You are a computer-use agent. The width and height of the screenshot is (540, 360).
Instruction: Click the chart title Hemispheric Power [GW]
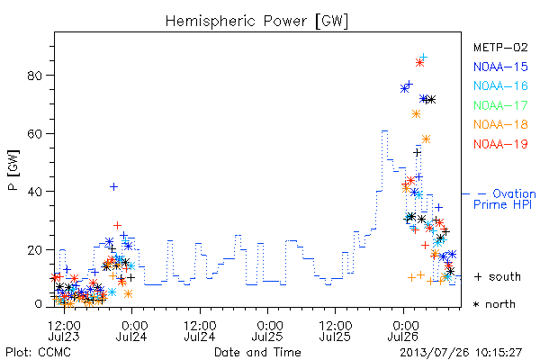coord(256,22)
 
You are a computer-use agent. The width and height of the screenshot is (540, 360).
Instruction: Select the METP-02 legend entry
coord(500,47)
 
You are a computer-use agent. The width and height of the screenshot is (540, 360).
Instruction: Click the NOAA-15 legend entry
coord(500,67)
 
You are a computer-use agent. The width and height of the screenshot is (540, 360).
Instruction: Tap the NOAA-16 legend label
coord(500,85)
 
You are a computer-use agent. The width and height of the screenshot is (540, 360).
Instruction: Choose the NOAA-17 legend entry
coord(500,105)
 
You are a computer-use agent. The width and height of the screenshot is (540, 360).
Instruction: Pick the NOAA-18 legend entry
coord(500,124)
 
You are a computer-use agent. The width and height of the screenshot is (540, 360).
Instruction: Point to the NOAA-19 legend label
coord(500,144)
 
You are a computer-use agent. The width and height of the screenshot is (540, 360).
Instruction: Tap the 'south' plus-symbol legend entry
coord(498,276)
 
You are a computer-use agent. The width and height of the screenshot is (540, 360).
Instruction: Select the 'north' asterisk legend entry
coord(494,304)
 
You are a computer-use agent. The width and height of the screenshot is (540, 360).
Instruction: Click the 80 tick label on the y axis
coord(35,76)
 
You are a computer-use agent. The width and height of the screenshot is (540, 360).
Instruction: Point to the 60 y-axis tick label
coord(35,134)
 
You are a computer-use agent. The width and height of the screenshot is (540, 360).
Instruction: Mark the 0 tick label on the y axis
coord(39,304)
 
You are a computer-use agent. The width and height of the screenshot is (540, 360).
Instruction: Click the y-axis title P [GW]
coord(13,170)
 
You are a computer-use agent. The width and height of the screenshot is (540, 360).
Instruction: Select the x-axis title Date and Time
coord(257,352)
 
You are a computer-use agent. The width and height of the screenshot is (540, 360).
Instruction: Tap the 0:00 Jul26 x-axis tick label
coord(403,330)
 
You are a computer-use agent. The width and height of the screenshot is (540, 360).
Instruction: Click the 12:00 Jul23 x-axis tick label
coord(64,330)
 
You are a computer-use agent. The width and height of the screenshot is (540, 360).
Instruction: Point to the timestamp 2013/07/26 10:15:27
coord(461,353)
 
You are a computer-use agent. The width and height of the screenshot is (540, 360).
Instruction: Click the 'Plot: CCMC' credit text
coord(38,353)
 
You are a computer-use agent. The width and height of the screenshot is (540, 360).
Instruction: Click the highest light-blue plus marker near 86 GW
coord(423,57)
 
